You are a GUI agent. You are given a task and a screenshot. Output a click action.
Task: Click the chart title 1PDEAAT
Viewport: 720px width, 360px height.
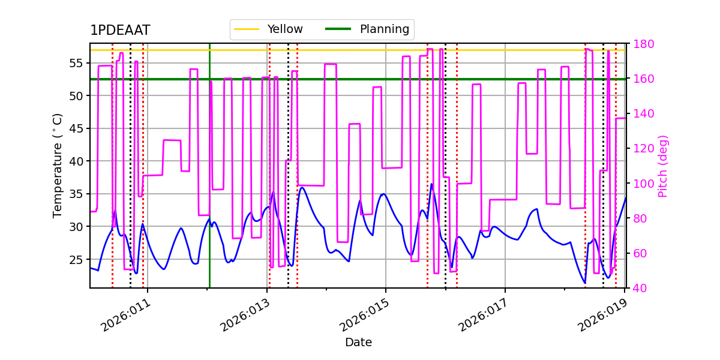tap(120, 31)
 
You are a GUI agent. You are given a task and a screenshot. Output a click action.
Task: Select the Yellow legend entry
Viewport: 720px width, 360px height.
tap(284, 29)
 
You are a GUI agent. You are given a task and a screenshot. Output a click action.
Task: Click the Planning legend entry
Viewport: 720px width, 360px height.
tap(384, 29)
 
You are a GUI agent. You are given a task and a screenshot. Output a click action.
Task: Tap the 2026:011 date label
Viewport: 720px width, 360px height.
tap(125, 316)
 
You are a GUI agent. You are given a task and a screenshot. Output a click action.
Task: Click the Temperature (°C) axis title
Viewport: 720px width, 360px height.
tap(58, 165)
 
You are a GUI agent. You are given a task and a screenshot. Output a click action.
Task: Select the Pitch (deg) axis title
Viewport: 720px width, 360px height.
tap(663, 166)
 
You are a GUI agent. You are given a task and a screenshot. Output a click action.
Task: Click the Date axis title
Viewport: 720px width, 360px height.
tap(358, 343)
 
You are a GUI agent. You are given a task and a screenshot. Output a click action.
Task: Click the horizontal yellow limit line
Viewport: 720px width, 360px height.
tap(360, 50)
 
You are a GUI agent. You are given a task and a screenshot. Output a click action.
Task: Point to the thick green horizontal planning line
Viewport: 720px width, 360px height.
tap(360, 79)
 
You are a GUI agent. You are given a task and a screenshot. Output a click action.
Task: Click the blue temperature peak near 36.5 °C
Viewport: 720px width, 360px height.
tap(431, 184)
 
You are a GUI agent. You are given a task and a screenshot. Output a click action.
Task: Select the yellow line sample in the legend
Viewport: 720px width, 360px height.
tap(247, 29)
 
